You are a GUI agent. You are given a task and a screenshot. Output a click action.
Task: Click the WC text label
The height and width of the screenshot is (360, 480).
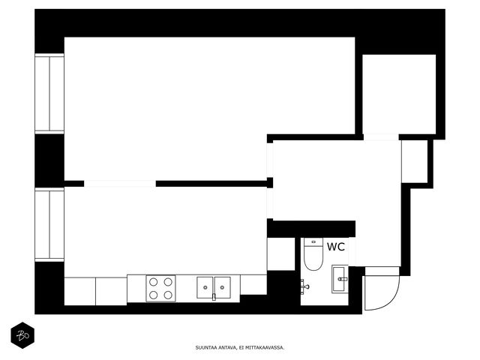336,247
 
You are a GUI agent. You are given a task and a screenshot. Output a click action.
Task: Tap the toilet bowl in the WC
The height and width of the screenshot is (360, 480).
313,258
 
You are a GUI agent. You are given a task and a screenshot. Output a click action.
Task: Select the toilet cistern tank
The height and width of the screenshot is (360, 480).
313,242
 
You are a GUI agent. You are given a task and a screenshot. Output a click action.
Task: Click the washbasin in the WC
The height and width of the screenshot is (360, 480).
340,279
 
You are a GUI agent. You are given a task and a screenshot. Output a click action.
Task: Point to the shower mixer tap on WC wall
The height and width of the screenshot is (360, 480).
304,286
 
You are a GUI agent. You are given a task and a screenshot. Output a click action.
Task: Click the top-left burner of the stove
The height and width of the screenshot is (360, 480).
153,282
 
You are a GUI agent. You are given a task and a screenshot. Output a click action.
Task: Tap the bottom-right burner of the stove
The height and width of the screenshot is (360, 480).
168,295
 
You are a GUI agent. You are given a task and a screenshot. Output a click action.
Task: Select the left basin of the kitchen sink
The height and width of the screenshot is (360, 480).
205,287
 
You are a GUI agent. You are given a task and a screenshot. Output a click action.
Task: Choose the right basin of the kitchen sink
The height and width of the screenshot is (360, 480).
222,287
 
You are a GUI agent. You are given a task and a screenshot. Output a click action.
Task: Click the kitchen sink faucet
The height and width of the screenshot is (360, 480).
214,297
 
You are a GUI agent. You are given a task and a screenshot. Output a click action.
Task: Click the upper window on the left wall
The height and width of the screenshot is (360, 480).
49,94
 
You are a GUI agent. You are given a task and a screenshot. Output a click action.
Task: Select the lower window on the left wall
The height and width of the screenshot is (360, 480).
49,225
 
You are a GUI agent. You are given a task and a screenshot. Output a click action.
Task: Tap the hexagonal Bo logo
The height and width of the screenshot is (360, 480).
22,335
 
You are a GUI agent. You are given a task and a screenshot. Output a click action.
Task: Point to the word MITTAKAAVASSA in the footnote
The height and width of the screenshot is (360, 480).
265,348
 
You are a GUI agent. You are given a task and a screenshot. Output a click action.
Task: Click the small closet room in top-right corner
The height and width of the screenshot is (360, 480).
399,94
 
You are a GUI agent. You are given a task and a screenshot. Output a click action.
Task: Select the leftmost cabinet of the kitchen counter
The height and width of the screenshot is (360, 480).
80,291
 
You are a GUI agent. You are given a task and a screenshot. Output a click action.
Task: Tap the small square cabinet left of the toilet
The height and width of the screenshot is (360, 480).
281,254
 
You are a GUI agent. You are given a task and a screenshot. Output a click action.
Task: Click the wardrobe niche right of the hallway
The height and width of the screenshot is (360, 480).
415,162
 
